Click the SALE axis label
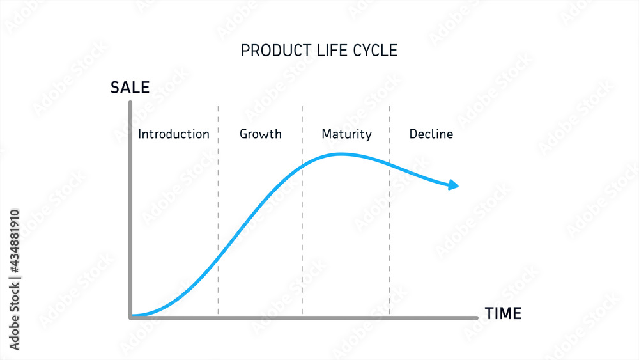point(130,88)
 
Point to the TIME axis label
point(503,314)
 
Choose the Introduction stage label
point(174,134)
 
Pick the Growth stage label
point(260,134)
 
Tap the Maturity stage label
point(346,134)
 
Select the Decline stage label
point(431,134)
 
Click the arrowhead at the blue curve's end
point(454,185)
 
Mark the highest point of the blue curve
point(343,153)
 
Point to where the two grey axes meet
point(130,317)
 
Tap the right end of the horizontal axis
point(476,317)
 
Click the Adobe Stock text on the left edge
point(15,279)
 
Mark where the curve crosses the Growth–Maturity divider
point(302,167)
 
